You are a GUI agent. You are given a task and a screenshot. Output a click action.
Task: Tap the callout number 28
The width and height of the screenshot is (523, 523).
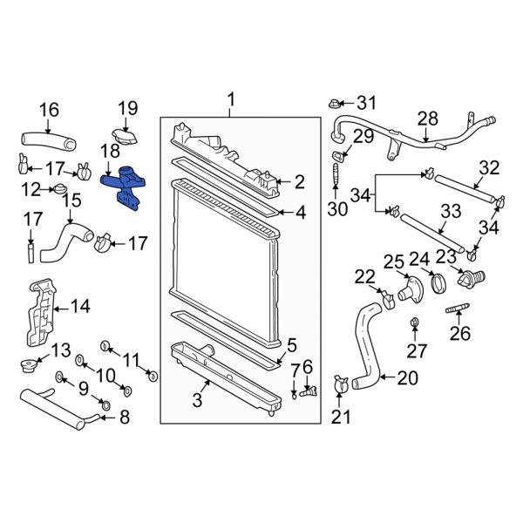coord(427,118)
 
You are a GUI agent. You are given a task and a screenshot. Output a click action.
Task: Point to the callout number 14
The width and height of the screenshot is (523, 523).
coord(80,306)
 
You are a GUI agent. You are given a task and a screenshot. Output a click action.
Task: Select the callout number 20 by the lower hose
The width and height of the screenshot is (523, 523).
coord(408,378)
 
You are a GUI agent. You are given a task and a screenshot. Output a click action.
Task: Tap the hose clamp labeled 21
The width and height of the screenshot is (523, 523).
coord(341,384)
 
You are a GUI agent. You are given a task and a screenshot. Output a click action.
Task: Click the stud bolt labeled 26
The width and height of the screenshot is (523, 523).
coord(458,310)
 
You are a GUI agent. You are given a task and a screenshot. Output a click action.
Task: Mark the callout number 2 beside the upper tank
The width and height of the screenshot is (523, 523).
coord(299,181)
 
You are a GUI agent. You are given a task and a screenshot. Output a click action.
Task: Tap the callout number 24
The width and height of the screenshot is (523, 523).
coord(419,258)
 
